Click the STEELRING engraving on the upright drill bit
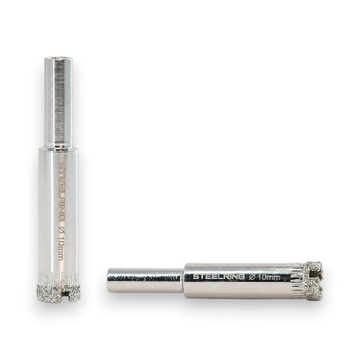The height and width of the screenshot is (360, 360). [61, 192]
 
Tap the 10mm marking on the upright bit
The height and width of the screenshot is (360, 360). [60, 249]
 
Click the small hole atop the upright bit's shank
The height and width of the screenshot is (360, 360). [59, 59]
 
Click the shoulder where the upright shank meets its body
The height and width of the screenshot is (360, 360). [58, 149]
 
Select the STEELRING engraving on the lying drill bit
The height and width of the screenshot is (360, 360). [218, 276]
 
